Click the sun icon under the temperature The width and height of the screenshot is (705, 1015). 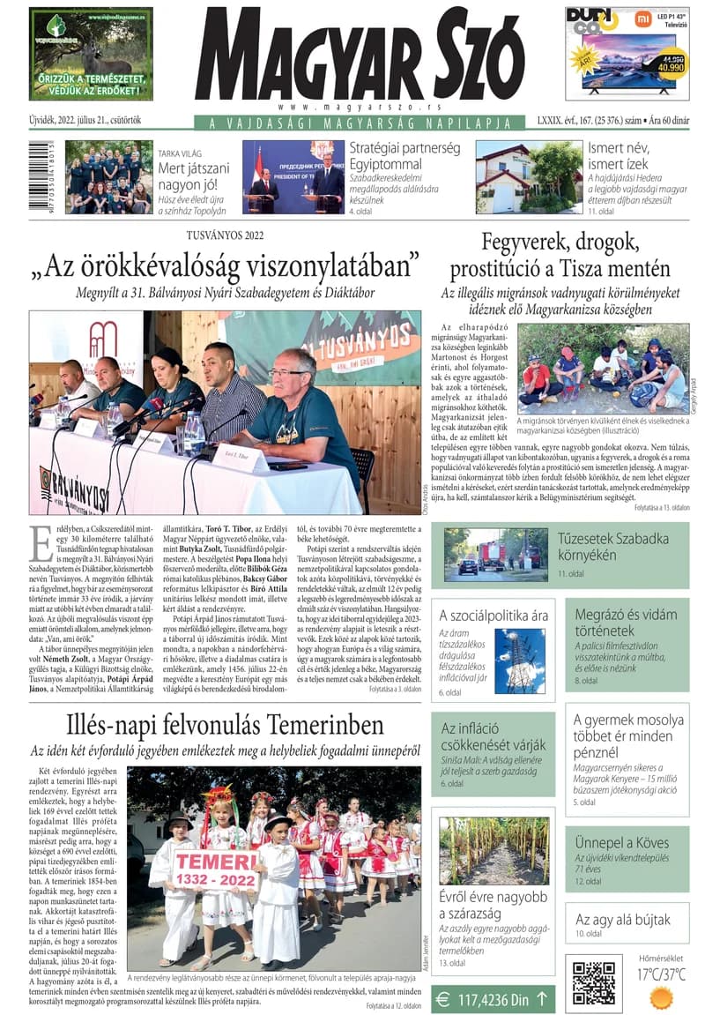pyautogui.click(x=660, y=997)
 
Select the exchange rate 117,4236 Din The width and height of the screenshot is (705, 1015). pyautogui.click(x=493, y=999)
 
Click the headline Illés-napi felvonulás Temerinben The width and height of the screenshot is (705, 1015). pyautogui.click(x=225, y=725)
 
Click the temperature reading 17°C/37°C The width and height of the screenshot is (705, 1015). pyautogui.click(x=660, y=974)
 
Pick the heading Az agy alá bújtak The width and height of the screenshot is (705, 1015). pyautogui.click(x=622, y=919)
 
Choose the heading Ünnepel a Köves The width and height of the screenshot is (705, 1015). pyautogui.click(x=620, y=842)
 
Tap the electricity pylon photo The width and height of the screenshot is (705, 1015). pyautogui.click(x=519, y=659)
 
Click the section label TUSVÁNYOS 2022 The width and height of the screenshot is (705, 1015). pyautogui.click(x=225, y=235)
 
